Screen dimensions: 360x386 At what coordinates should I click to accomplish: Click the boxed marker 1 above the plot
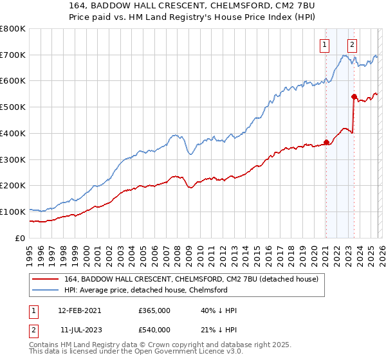(326, 45)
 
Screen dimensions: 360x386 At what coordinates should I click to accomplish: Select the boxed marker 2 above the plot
(353, 45)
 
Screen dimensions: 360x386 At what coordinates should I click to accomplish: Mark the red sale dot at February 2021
(326, 142)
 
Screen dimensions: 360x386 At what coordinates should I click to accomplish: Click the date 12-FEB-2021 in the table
(79, 310)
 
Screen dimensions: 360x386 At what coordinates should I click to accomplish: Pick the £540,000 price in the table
(154, 330)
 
